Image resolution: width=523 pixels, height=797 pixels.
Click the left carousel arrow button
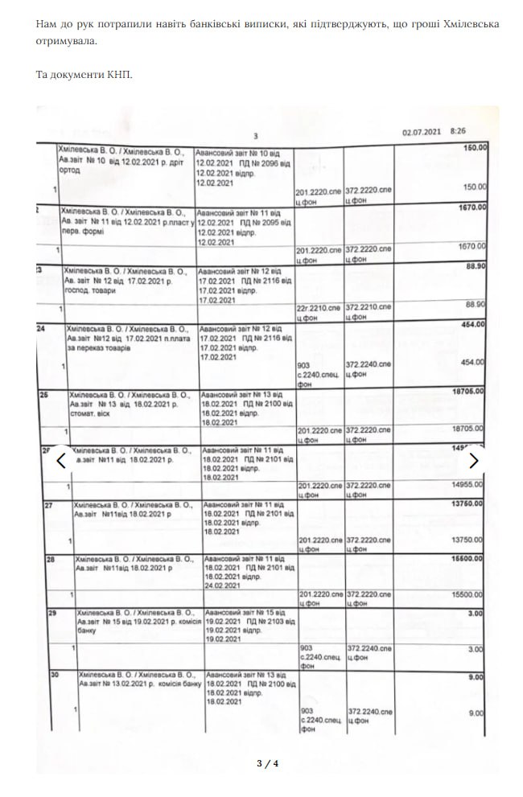click(x=60, y=461)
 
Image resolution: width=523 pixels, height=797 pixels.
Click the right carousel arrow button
click(x=474, y=461)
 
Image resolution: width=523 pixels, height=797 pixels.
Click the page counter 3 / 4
click(x=267, y=762)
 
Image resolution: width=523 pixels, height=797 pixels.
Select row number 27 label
click(x=48, y=506)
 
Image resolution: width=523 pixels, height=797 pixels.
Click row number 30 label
click(x=55, y=673)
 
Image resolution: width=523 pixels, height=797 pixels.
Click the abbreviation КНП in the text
click(x=117, y=75)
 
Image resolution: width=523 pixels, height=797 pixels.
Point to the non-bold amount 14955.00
click(x=467, y=486)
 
